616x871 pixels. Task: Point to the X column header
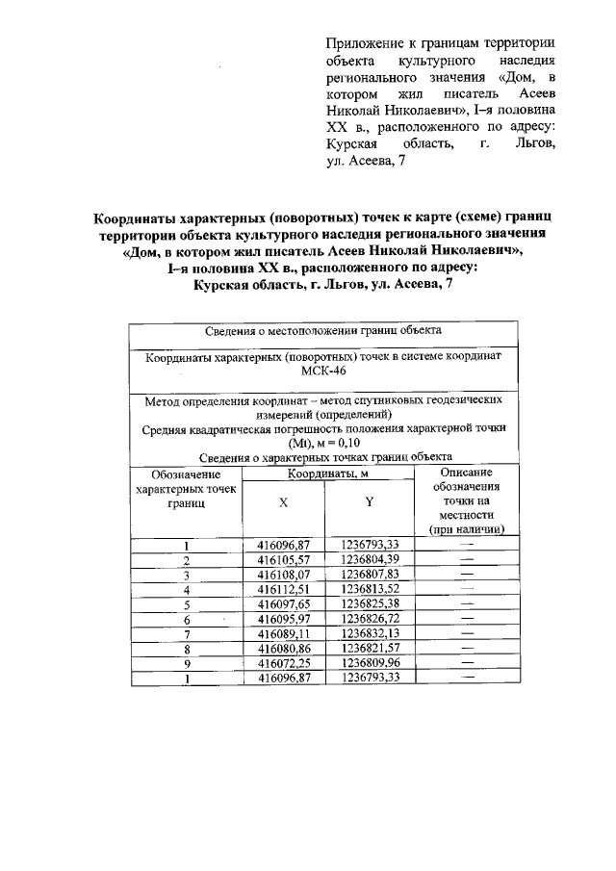pyautogui.click(x=282, y=503)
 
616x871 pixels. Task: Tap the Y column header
pyautogui.click(x=369, y=503)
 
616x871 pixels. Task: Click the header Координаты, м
pyautogui.click(x=325, y=474)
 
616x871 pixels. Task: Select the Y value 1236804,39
pyautogui.click(x=369, y=559)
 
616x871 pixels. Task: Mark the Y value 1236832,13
pyautogui.click(x=369, y=633)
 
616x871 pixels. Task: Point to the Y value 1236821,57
pyautogui.click(x=369, y=649)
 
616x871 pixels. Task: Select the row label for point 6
pyautogui.click(x=185, y=619)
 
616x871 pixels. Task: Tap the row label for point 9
pyautogui.click(x=185, y=663)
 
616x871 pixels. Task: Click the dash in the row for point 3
pyautogui.click(x=468, y=575)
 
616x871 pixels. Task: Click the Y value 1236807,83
pyautogui.click(x=369, y=575)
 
